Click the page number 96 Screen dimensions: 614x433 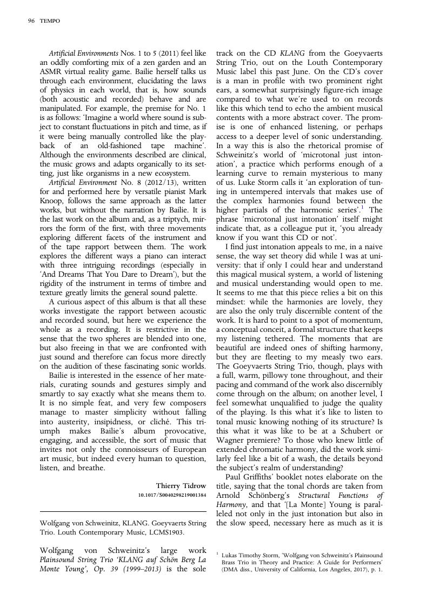click(31, 21)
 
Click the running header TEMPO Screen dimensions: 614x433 click(50, 21)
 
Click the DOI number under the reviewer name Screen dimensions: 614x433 click(172, 495)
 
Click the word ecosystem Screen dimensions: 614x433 click(171, 173)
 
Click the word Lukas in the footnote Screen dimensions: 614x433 click(233, 556)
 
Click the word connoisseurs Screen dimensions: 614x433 click(124, 449)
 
